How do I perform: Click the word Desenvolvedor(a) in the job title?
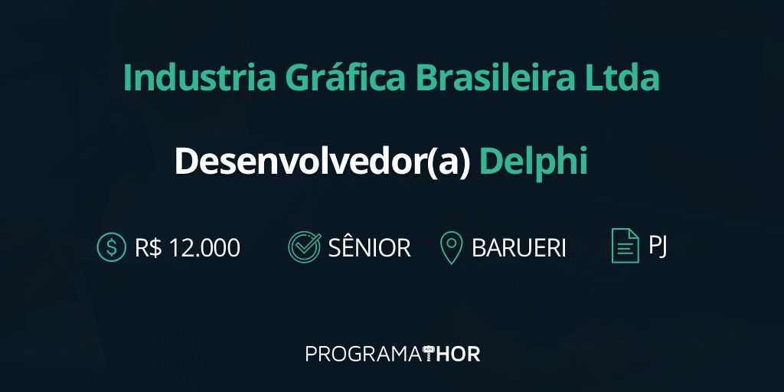coord(322,162)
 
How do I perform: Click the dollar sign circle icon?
coord(112,247)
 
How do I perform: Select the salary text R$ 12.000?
coord(188,247)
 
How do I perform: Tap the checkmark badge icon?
coord(304,247)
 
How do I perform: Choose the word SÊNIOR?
coord(369,247)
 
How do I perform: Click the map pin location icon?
coord(452,247)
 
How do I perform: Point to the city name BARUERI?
coord(519,247)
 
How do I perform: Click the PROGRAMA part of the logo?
coord(364,354)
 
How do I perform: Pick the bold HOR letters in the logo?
coord(458,354)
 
